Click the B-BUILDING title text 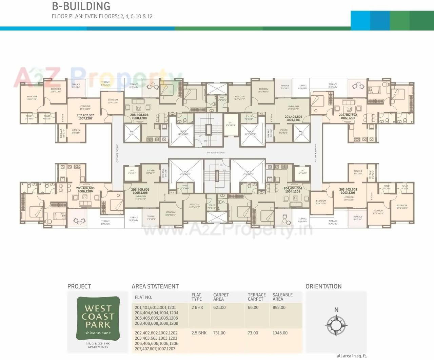[81, 6]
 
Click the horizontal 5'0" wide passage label [215, 153]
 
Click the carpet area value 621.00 [219, 307]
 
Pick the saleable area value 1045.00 [280, 333]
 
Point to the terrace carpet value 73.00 [253, 333]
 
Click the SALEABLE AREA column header [282, 297]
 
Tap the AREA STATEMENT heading [155, 286]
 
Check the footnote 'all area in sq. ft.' [352, 356]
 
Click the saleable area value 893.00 [279, 307]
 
